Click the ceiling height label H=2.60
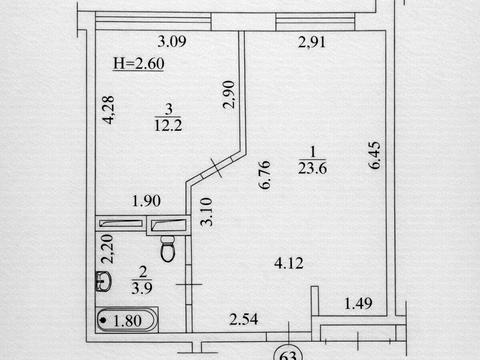click(x=139, y=63)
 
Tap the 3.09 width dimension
click(x=172, y=41)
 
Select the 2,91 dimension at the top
click(x=311, y=42)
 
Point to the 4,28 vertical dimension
click(x=109, y=110)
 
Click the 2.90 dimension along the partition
click(x=229, y=94)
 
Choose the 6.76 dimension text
click(x=265, y=175)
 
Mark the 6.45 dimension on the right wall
click(x=374, y=155)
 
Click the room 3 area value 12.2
click(x=168, y=125)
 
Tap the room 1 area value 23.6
click(x=312, y=168)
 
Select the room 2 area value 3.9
click(x=142, y=288)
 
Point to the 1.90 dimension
click(x=146, y=201)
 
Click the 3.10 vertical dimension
click(x=207, y=212)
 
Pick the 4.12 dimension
click(x=289, y=263)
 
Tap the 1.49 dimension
click(x=358, y=303)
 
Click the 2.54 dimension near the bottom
click(x=244, y=319)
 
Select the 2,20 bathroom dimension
click(x=108, y=249)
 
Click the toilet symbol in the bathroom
click(x=168, y=249)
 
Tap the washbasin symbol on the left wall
click(x=103, y=281)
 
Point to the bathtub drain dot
click(x=103, y=320)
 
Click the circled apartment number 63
click(x=288, y=354)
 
